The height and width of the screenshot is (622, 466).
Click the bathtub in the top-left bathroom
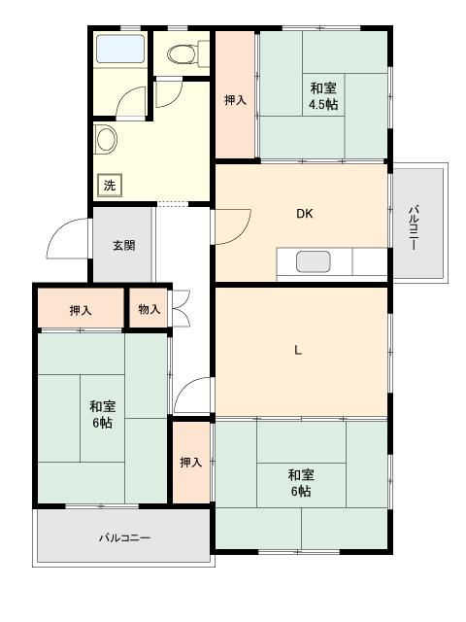(120, 49)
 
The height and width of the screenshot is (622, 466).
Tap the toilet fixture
(181, 54)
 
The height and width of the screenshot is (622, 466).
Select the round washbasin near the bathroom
(105, 139)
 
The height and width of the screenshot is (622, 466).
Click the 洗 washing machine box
(110, 185)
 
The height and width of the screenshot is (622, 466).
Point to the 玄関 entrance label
(123, 245)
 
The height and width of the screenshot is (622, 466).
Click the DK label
(304, 215)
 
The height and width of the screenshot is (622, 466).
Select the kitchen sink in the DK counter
(313, 261)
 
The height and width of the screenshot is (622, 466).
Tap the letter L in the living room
(298, 351)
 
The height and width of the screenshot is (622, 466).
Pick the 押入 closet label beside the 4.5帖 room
(235, 99)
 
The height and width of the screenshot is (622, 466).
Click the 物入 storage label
(149, 310)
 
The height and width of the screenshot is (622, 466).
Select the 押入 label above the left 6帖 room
(82, 310)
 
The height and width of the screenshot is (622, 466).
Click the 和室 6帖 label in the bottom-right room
(300, 482)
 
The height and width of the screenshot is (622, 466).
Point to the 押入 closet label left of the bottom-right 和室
(190, 463)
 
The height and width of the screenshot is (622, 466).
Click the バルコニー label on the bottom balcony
(124, 536)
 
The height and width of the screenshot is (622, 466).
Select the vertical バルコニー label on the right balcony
(414, 225)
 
